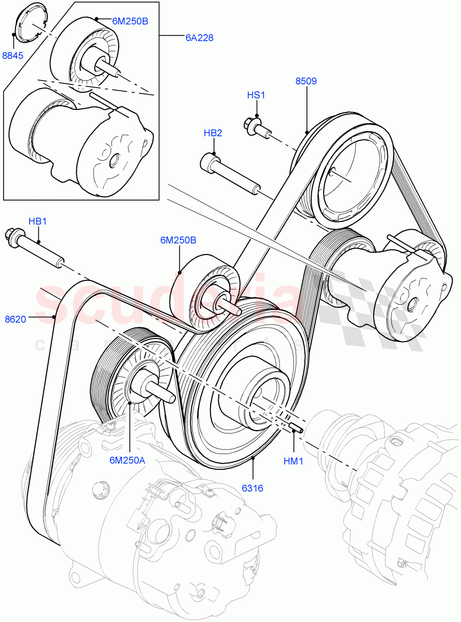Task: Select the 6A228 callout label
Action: coord(199,38)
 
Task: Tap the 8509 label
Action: coord(306,81)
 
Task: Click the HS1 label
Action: coord(256,95)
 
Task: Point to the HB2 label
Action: coord(213,133)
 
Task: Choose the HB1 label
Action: coord(38,221)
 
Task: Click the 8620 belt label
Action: coord(15,319)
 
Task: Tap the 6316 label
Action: coord(253,488)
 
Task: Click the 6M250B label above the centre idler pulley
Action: coord(178,240)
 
